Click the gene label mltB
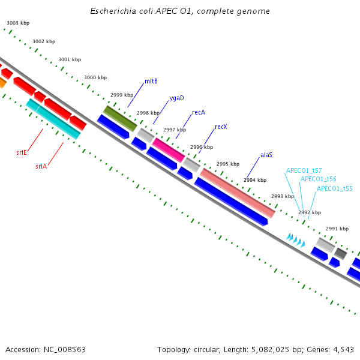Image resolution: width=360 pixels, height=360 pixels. (151, 82)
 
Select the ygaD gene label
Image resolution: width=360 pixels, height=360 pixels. (176, 98)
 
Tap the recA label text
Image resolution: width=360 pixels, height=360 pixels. (199, 112)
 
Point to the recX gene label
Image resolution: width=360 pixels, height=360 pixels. (221, 127)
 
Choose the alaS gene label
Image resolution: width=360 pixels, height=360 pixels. (266, 155)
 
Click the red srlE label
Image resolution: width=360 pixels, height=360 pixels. (22, 152)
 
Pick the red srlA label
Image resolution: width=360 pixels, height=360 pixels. (41, 166)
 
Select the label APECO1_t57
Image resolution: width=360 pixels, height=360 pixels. (304, 170)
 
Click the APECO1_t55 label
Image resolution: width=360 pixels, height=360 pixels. (334, 188)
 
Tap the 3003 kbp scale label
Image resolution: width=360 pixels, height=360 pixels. (18, 23)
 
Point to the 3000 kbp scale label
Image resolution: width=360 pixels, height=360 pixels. (95, 77)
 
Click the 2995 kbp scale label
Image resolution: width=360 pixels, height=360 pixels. (228, 164)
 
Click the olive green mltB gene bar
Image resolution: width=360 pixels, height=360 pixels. (120, 118)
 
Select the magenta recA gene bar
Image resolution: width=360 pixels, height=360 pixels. (169, 150)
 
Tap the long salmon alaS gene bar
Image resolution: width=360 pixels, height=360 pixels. (238, 193)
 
